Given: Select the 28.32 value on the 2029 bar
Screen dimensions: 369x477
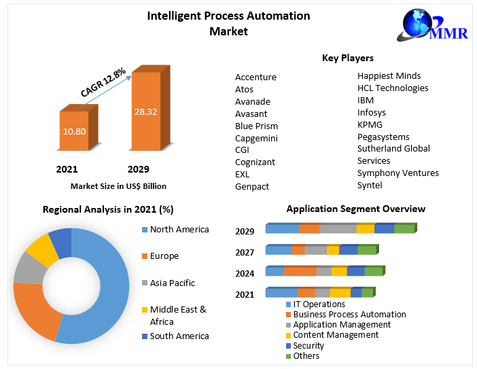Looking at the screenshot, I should click(145, 111).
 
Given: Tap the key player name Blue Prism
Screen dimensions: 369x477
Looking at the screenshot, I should click(256, 126).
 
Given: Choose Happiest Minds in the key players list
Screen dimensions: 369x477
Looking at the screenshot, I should click(389, 75).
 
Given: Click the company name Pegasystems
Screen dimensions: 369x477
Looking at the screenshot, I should click(383, 137).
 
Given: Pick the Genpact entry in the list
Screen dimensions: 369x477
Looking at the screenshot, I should click(252, 186).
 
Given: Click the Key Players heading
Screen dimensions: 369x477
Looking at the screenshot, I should click(347, 58).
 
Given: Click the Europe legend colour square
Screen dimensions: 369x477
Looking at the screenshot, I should click(144, 256).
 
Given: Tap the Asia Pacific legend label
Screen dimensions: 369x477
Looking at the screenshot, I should click(172, 283).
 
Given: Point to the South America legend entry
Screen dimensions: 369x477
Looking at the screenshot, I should click(179, 336).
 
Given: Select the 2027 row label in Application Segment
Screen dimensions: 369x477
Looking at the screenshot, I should click(245, 253).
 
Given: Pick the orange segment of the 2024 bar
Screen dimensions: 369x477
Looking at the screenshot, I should click(300, 271).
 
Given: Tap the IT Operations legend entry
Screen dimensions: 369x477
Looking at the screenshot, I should click(319, 304).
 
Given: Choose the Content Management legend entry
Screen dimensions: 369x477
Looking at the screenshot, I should click(335, 335).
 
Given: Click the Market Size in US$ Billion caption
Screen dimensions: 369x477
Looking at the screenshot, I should click(118, 186).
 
